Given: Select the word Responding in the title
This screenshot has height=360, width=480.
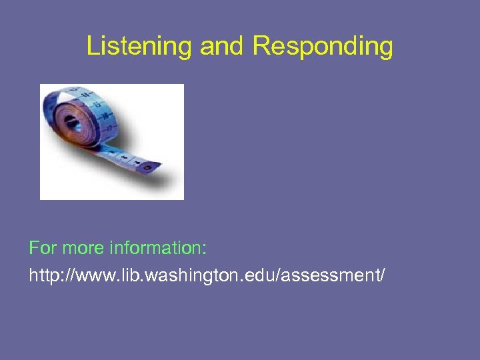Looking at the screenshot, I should coord(323,47).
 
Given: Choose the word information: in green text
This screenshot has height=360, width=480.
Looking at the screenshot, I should coord(157,249).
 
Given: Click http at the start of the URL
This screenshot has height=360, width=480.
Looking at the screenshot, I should coord(41,274).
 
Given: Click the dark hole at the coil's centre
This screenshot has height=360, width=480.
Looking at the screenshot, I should coord(71,121).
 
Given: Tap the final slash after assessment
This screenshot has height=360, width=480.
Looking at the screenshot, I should coord(382,274).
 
